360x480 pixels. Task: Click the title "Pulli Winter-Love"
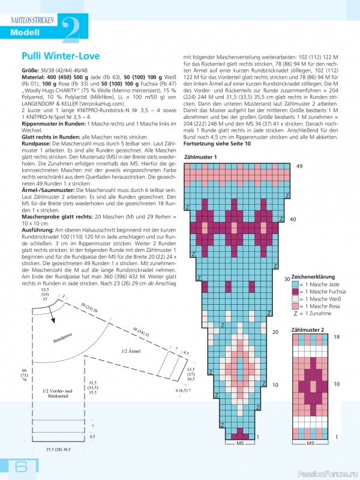(x=61, y=56)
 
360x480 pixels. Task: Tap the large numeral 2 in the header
(x=71, y=29)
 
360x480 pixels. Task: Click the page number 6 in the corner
(x=21, y=467)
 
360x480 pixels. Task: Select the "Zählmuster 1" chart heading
(x=200, y=157)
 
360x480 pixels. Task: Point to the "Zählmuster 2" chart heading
(x=307, y=330)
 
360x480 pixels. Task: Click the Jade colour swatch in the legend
(x=295, y=284)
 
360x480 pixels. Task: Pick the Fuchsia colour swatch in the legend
(x=295, y=292)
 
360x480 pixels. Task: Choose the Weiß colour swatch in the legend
(x=295, y=299)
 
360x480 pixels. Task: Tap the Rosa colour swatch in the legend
(x=295, y=306)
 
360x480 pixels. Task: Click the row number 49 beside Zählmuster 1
(x=299, y=166)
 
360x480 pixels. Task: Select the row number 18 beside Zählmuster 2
(x=337, y=337)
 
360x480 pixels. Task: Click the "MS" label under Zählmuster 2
(x=310, y=443)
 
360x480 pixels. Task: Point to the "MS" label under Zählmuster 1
(x=240, y=443)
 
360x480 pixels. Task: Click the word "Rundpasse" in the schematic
(x=63, y=338)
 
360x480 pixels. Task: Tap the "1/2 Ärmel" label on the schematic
(x=131, y=351)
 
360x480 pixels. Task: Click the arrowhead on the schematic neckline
(x=53, y=320)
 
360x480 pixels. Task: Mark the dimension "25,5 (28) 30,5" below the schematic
(x=58, y=449)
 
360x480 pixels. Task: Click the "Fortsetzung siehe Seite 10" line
(x=217, y=143)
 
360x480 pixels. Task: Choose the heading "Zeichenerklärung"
(x=313, y=277)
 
